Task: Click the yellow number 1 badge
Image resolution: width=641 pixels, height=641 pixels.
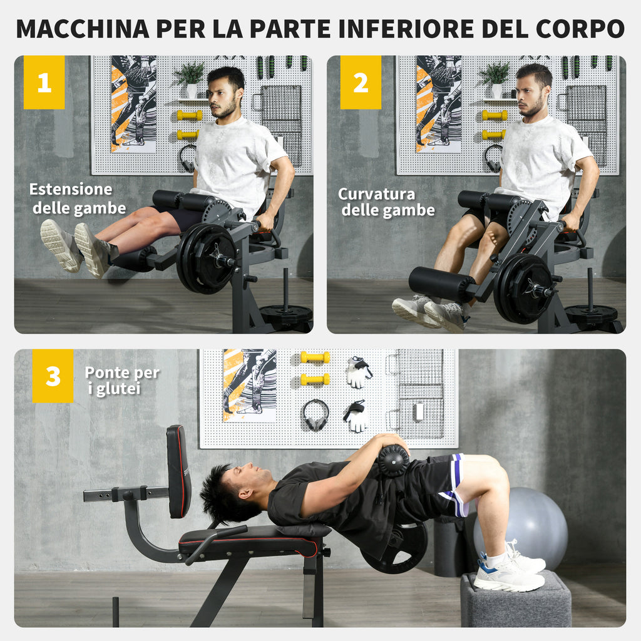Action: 44,83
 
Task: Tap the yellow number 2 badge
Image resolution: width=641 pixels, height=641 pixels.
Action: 361,83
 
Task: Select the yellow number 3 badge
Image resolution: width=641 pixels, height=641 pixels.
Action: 53,376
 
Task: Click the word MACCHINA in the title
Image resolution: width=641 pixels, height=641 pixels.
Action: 83,29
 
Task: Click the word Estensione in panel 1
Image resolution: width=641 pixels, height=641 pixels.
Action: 71,190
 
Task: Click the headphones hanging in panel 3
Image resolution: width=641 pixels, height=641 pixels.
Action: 315,414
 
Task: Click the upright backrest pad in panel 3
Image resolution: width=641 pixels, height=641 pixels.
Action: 178,471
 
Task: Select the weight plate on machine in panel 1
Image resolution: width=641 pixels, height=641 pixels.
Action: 206,257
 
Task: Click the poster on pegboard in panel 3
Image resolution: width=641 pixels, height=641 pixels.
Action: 249,384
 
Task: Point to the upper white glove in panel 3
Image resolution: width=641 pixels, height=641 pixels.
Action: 358,372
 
